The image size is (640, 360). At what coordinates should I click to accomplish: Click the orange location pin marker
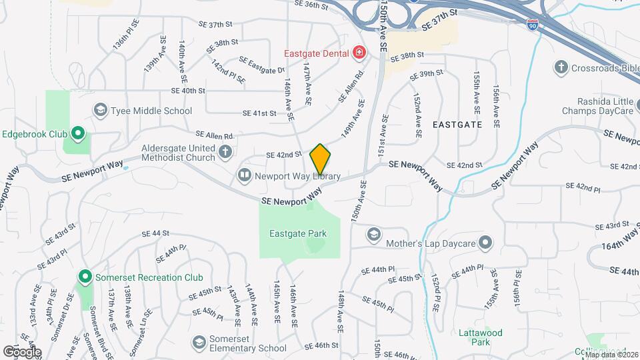point(320,159)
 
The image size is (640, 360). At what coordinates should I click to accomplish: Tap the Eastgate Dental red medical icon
point(359,51)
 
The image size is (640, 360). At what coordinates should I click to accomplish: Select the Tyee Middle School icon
point(101,110)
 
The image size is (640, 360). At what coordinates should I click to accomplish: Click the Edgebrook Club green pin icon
point(77,135)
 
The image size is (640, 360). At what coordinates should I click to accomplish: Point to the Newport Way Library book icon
point(245,176)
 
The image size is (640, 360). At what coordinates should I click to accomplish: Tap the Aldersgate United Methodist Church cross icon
point(225,153)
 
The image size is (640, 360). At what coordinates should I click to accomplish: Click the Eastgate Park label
point(298,233)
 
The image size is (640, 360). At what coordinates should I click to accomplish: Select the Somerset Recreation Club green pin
point(85,276)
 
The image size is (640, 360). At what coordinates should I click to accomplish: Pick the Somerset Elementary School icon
point(199,342)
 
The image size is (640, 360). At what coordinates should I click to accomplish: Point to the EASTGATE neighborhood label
point(457,124)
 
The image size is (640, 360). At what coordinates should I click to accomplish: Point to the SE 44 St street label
point(157,233)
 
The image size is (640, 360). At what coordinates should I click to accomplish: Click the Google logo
point(22,352)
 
